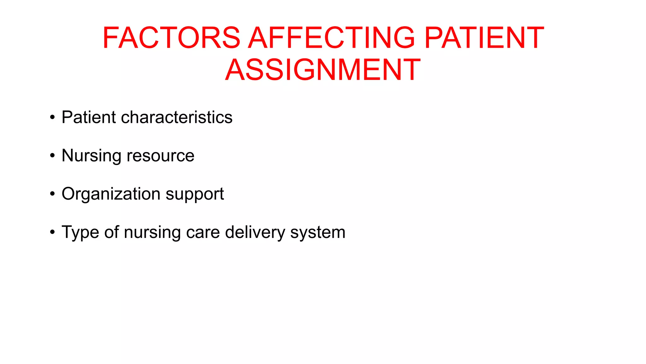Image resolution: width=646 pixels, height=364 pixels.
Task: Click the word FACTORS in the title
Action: click(171, 38)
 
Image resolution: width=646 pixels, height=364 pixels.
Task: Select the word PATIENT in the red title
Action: click(484, 38)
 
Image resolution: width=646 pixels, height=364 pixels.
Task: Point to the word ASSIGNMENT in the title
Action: click(323, 70)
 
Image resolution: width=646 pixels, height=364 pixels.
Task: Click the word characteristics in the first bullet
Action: click(177, 117)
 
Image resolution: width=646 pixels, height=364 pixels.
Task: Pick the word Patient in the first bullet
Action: click(89, 117)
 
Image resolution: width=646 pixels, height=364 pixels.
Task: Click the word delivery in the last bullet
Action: click(255, 233)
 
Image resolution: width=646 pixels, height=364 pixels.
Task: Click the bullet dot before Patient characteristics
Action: click(52, 118)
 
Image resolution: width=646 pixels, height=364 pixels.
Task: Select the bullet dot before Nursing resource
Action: click(52, 156)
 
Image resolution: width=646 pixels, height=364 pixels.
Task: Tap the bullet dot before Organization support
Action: click(52, 194)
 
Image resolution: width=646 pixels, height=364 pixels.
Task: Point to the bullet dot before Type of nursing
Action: click(52, 233)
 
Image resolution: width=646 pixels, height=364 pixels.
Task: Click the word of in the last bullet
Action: click(112, 232)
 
